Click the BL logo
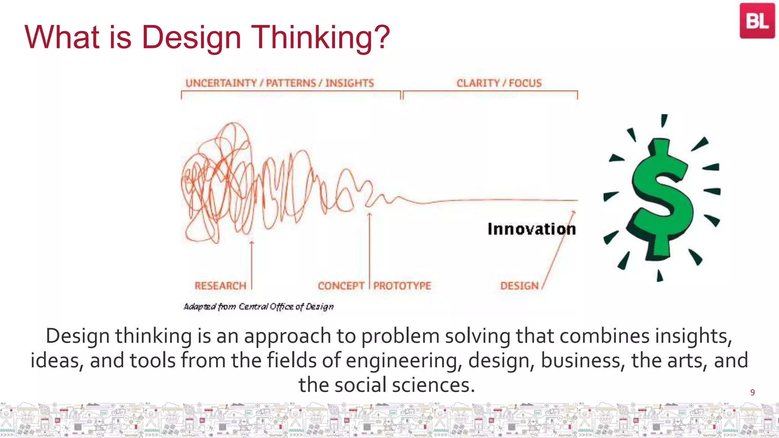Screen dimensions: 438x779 tap(757, 21)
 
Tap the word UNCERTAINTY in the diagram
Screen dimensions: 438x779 tap(221, 83)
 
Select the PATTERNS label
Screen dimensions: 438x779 tap(291, 83)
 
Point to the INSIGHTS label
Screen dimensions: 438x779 tap(350, 83)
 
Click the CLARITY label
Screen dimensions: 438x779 tap(478, 83)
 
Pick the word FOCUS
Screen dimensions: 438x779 tap(525, 83)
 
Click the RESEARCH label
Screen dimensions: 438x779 tap(220, 286)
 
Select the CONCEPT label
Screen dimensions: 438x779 tap(341, 286)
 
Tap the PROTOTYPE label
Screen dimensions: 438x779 tap(402, 286)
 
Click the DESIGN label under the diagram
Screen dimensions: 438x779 tap(519, 286)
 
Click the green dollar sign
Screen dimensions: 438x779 tap(661, 198)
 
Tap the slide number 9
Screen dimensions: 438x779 tap(752, 392)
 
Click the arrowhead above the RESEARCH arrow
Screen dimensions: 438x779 tap(251, 242)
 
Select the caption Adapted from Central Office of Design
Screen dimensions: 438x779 tap(259, 306)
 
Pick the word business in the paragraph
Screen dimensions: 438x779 tap(582, 360)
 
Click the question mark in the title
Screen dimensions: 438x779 tap(380, 37)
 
